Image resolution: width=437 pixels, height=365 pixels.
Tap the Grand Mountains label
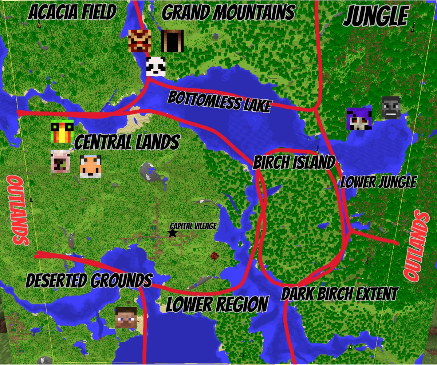pyautogui.click(x=228, y=13)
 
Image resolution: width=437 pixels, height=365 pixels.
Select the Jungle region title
pyautogui.click(x=375, y=16)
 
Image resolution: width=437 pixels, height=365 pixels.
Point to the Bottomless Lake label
pyautogui.click(x=219, y=101)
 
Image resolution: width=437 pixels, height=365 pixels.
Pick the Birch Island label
pyautogui.click(x=294, y=162)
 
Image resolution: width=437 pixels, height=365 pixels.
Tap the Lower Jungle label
pyautogui.click(x=378, y=182)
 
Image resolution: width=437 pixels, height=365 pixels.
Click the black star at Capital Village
pyautogui.click(x=173, y=233)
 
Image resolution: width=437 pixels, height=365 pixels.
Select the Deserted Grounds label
pyautogui.click(x=89, y=281)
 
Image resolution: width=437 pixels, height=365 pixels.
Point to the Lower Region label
pyautogui.click(x=217, y=304)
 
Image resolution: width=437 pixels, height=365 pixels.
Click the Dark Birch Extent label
pyautogui.click(x=339, y=293)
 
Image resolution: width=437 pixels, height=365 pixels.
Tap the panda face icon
pyautogui.click(x=156, y=66)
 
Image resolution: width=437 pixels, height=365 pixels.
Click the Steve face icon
pyautogui.click(x=126, y=318)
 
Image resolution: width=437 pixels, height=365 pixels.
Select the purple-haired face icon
pyautogui.click(x=359, y=119)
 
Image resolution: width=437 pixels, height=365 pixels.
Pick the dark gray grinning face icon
pyautogui.click(x=391, y=108)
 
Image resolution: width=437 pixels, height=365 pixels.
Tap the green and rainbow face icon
pyautogui.click(x=62, y=131)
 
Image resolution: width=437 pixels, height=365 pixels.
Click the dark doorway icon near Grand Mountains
pyautogui.click(x=172, y=41)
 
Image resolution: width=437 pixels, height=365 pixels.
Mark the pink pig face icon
pyautogui.click(x=60, y=161)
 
